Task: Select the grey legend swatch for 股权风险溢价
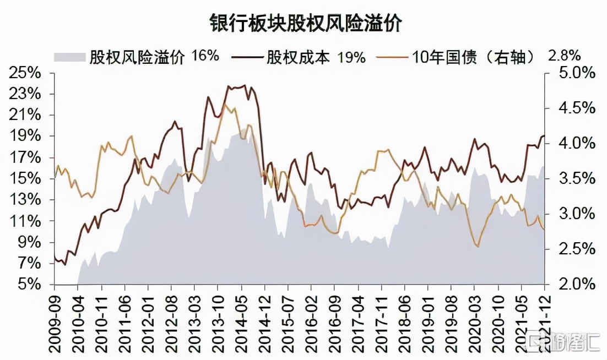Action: (70, 57)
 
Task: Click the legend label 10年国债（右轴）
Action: (473, 57)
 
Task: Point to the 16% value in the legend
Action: (205, 56)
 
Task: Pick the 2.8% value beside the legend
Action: (565, 56)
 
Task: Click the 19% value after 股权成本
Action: (351, 57)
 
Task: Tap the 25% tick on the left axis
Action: (25, 73)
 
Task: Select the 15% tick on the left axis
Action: (25, 179)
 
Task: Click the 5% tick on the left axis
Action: (29, 285)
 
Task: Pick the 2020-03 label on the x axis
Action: (475, 317)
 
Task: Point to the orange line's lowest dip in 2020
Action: (476, 246)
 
